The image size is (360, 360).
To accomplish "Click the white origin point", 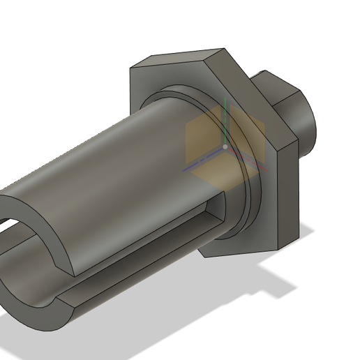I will click(225, 147).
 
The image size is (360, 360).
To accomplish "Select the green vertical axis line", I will click(225, 122).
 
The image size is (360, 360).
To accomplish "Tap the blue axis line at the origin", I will click(202, 165).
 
